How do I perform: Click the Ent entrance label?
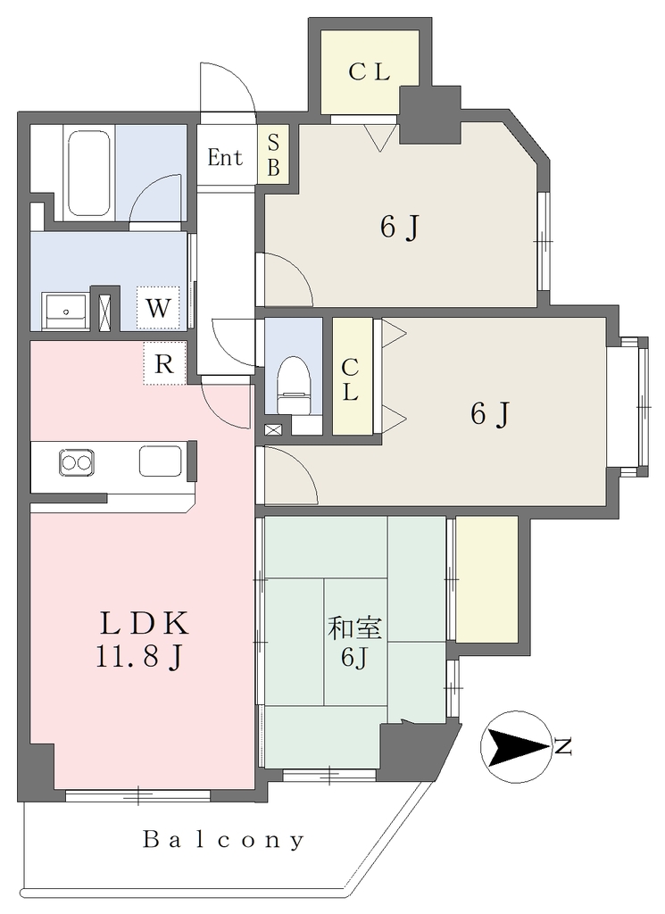click(225, 157)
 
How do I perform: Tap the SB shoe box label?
click(273, 155)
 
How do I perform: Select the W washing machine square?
click(157, 308)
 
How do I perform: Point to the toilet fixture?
click(294, 386)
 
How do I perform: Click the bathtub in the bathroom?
click(89, 173)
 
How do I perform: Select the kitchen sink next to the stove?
click(161, 461)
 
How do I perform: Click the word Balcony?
click(223, 839)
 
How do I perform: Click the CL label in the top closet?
click(369, 72)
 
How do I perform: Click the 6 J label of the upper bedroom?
click(400, 227)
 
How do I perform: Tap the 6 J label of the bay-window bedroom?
click(491, 414)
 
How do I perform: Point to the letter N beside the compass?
click(563, 747)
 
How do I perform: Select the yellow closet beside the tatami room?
click(486, 578)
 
